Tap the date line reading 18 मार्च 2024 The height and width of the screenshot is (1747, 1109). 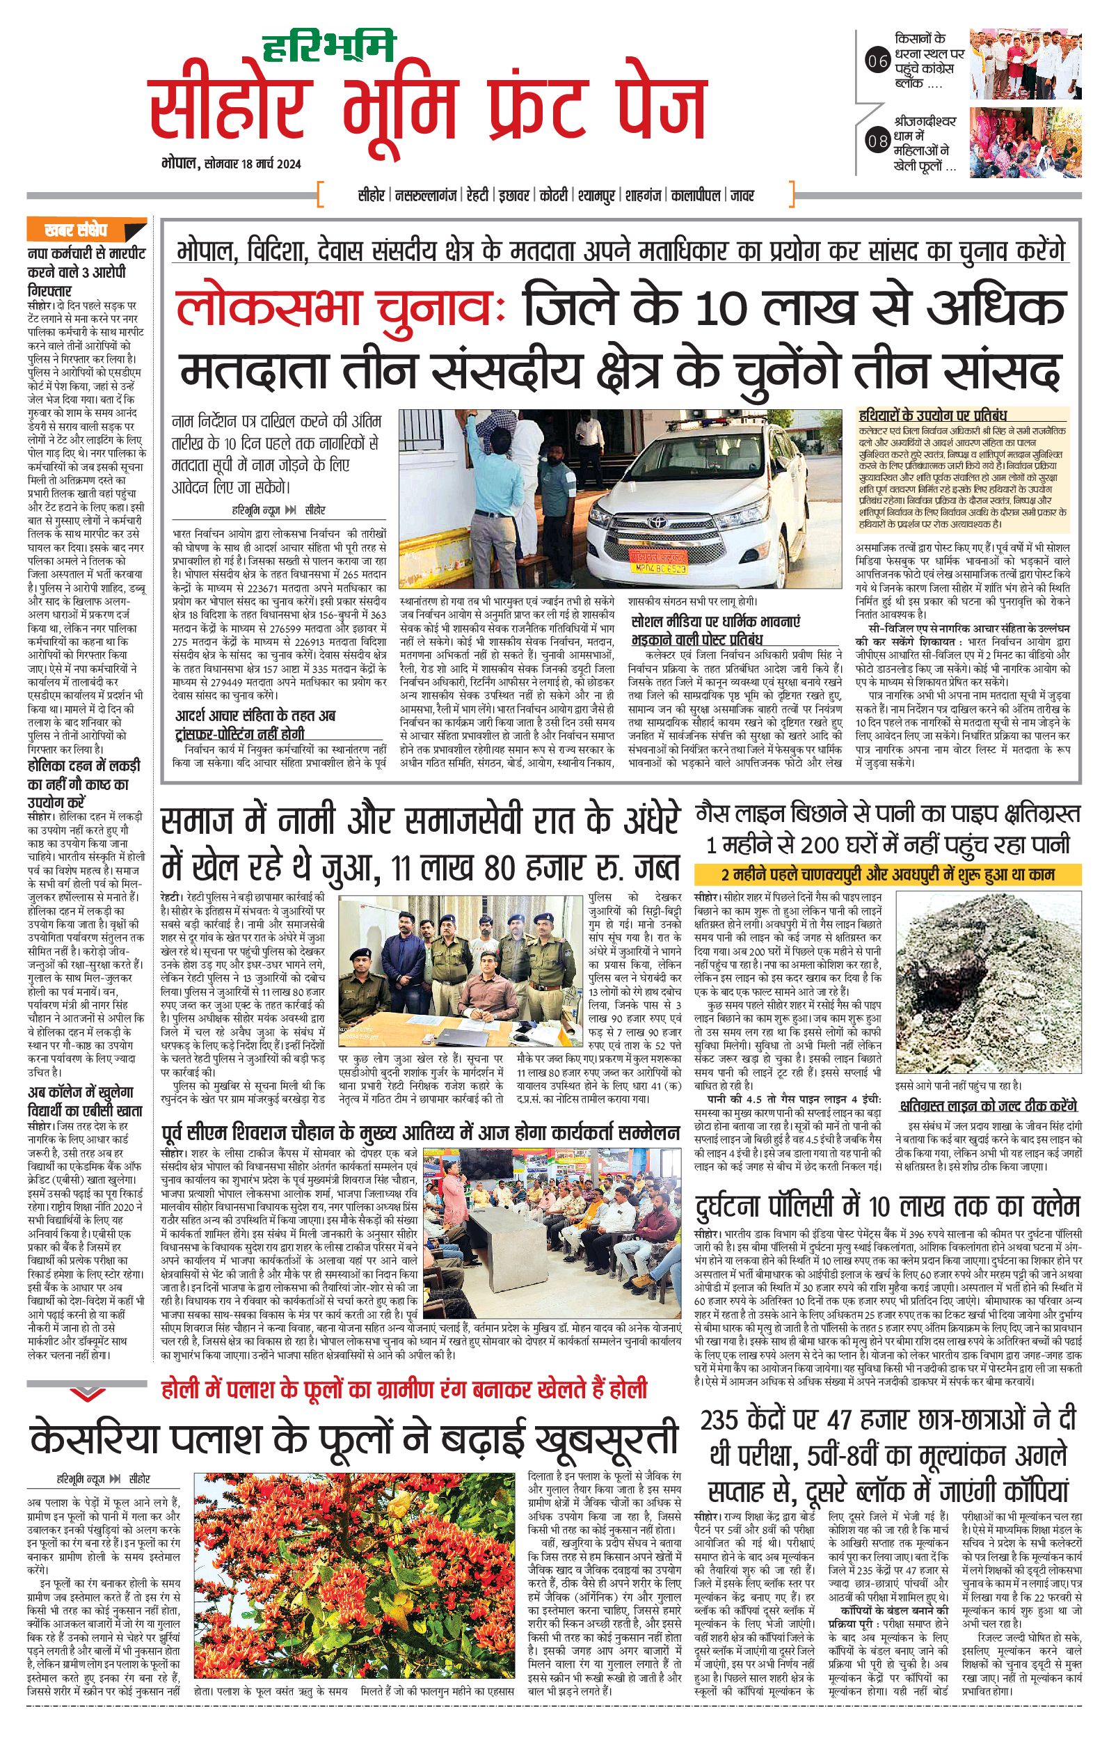tap(230, 164)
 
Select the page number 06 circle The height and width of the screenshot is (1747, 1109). tap(877, 62)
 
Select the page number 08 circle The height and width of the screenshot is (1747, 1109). tap(877, 141)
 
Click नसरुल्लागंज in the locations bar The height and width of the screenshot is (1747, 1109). tap(426, 196)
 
